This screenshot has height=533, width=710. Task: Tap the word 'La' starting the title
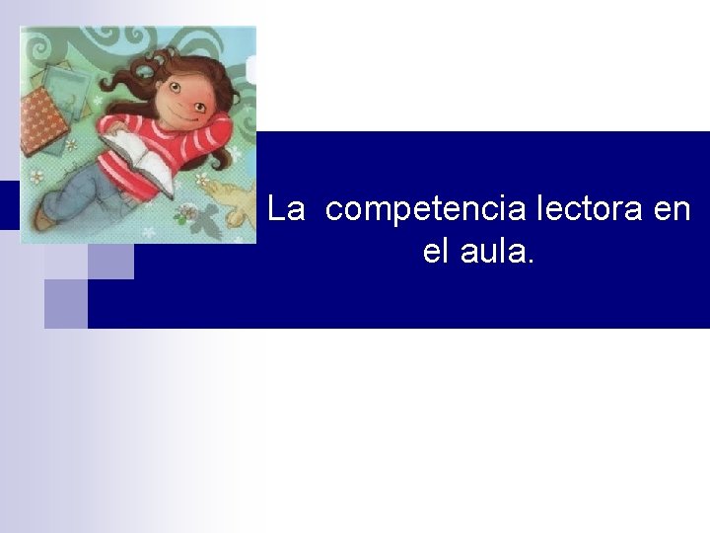(x=287, y=209)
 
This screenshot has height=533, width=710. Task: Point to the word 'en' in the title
(x=671, y=209)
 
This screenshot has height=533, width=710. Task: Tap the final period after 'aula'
(x=532, y=262)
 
